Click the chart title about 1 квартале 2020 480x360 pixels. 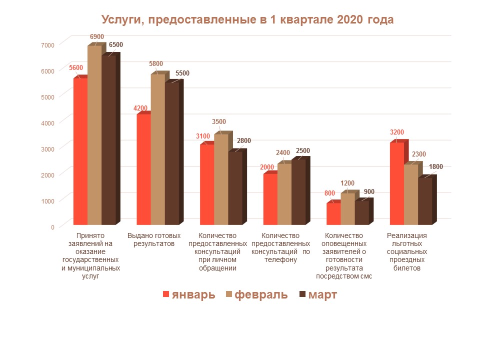tap(247, 20)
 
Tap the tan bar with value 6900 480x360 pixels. tap(94, 135)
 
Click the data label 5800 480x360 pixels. tap(156, 63)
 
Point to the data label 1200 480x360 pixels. tap(347, 183)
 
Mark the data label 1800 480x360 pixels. tap(436, 167)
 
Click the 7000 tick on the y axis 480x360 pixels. tap(48, 45)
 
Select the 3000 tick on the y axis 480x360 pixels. tap(48, 149)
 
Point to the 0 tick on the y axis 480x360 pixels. tap(52, 227)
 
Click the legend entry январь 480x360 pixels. tap(189, 294)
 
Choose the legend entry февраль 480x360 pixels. tap(256, 294)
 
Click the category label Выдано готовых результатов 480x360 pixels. tap(154, 239)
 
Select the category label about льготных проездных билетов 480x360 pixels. tap(407, 251)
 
